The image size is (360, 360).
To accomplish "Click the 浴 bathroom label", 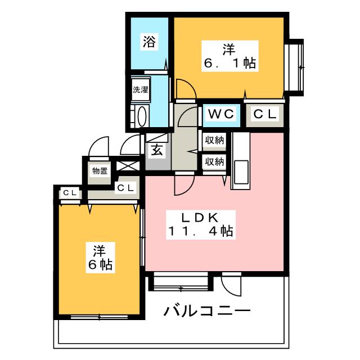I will [149, 42].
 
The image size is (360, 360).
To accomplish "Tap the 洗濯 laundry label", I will [140, 89].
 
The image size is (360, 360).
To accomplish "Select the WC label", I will [221, 114].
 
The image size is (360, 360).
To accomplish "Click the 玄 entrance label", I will [156, 150].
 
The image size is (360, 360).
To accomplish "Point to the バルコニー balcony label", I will [207, 311].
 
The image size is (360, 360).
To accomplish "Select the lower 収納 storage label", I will [214, 161].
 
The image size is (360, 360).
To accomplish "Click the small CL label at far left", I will [69, 193].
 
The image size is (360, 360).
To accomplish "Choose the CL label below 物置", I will [125, 188].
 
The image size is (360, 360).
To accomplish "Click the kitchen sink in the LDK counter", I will [242, 170].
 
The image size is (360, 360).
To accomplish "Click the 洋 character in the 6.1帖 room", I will [228, 49].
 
